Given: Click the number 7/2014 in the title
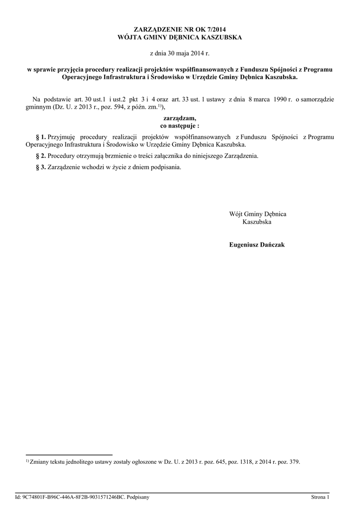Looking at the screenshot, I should tap(221, 30).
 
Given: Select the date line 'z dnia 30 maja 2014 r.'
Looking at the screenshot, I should tap(180, 53).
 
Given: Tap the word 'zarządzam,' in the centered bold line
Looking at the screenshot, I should tap(180, 119).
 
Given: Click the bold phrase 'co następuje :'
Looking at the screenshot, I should tap(180, 127).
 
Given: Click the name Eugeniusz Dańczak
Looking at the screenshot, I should tap(257, 245).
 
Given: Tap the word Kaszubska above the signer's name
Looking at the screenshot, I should tap(257, 222).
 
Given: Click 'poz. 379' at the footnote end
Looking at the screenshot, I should tap(288, 462).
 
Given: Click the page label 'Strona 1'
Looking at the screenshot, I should tap(320, 497).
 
